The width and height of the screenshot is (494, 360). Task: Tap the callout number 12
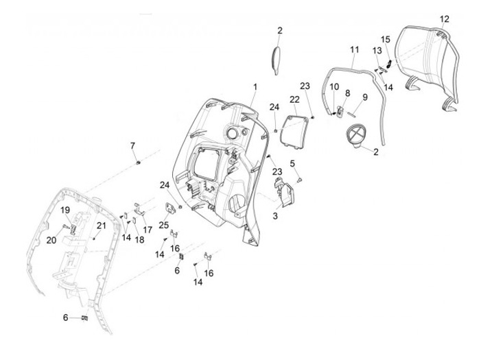(444, 19)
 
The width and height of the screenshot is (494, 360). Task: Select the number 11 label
(354, 50)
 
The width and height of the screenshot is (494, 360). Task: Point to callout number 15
(386, 39)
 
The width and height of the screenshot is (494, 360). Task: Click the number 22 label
(294, 99)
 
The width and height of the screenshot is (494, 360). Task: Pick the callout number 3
(275, 216)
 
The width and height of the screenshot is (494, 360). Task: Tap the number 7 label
(133, 145)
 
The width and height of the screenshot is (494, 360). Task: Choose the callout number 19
(66, 209)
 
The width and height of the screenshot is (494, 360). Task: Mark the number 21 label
(101, 226)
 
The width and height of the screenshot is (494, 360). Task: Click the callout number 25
(164, 225)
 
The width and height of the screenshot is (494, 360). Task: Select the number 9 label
(365, 97)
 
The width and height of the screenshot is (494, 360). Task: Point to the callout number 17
(148, 230)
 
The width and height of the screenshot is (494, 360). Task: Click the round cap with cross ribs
(357, 136)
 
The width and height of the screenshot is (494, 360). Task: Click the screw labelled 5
(301, 179)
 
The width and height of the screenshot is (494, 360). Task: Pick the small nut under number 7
(139, 163)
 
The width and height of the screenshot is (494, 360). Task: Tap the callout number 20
(51, 240)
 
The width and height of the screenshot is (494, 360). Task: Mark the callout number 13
(377, 51)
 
